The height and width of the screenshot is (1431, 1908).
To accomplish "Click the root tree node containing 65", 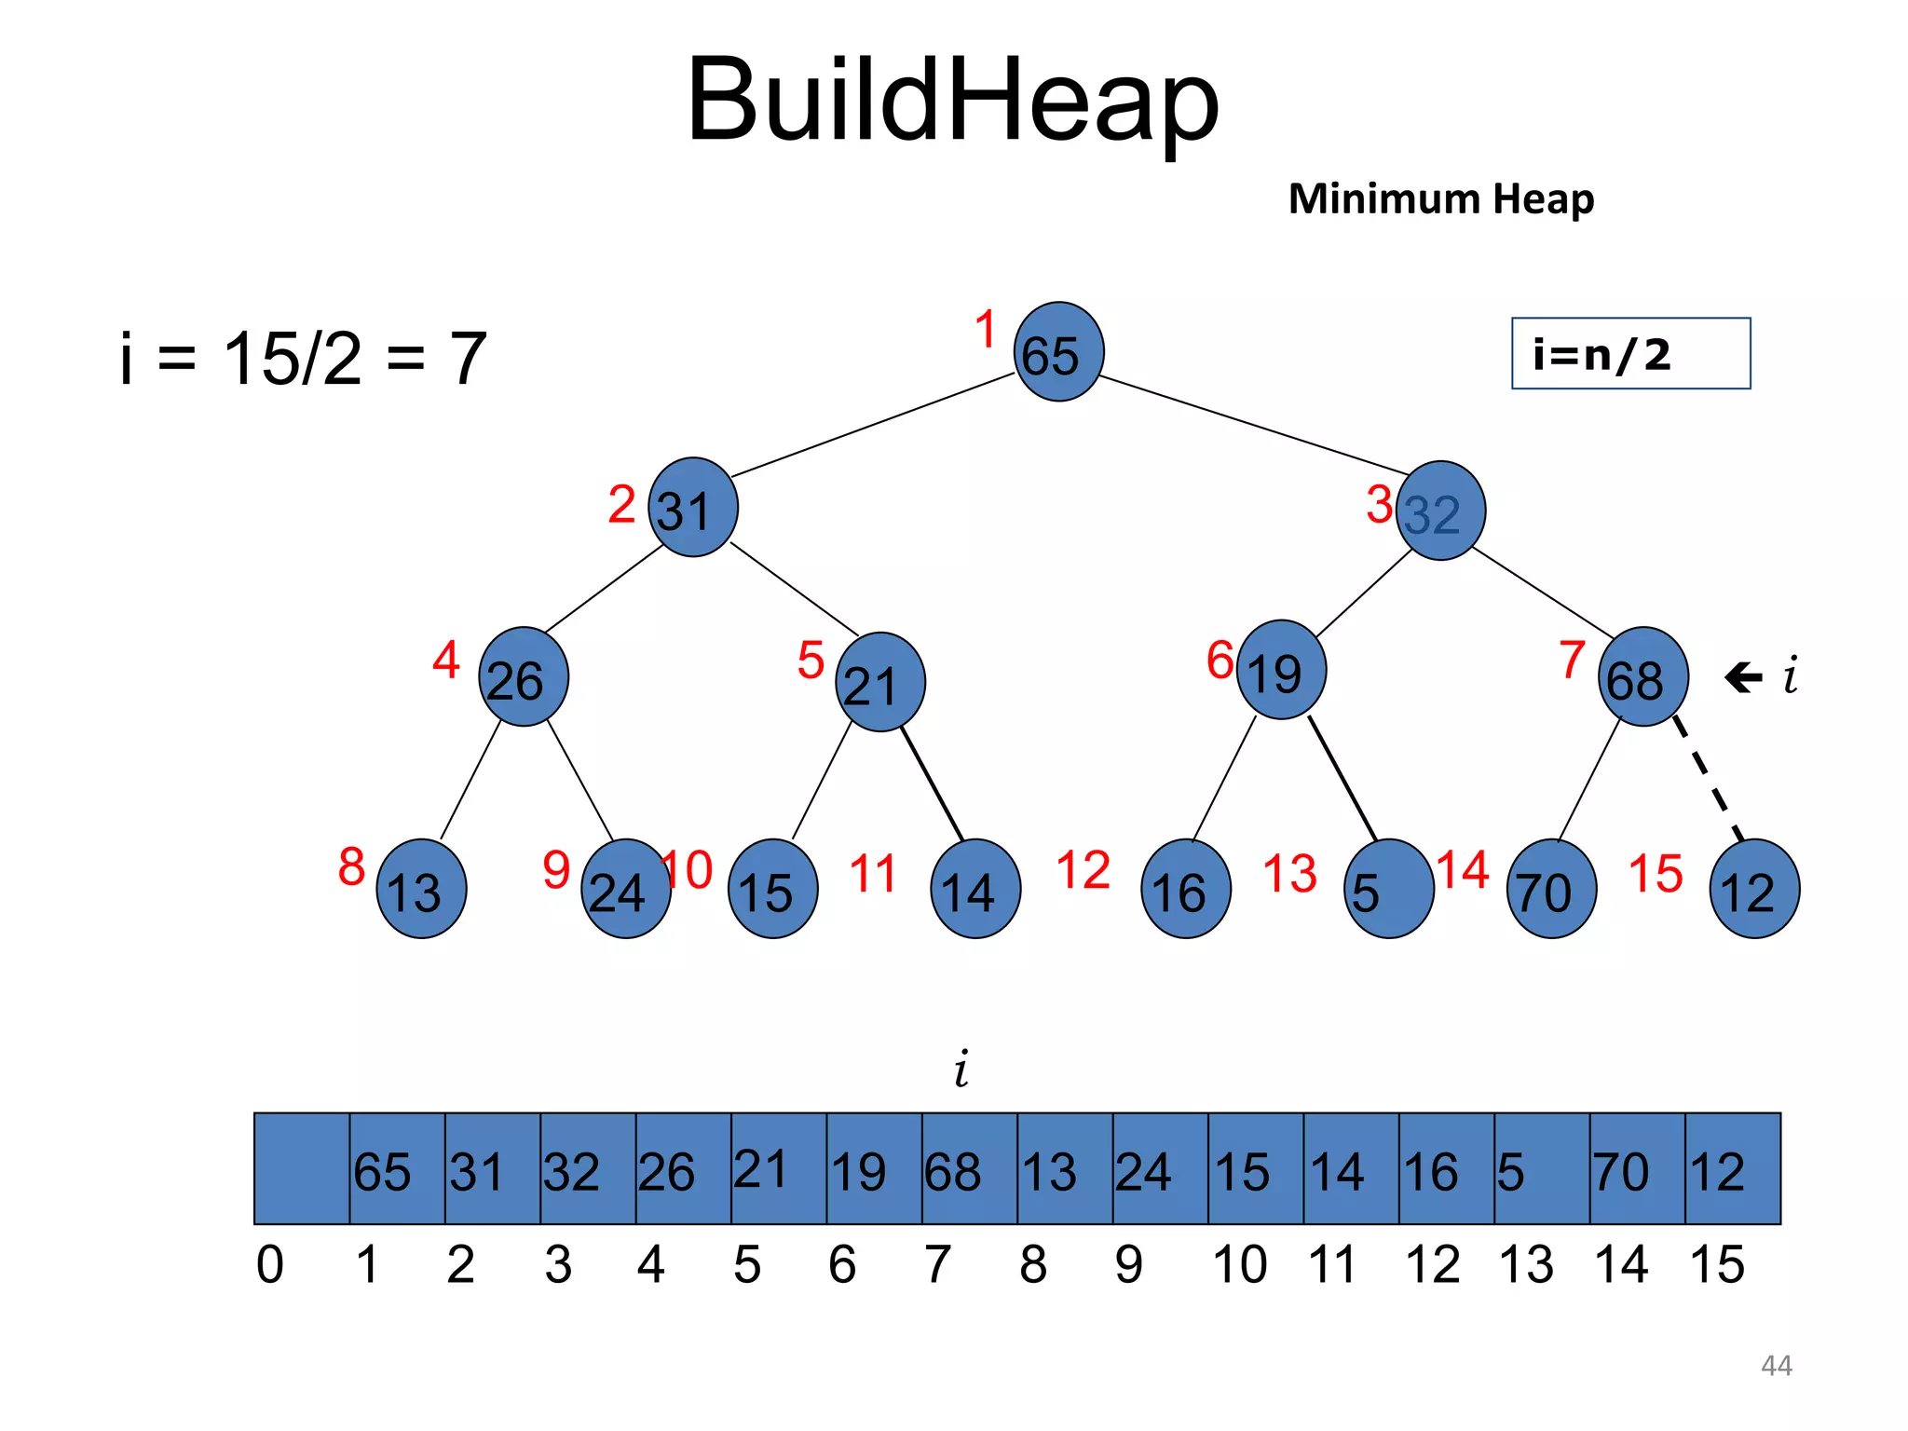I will tap(1058, 352).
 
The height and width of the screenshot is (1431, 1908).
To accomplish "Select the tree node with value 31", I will tap(692, 508).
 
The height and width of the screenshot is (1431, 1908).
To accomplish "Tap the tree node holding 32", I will tap(1440, 511).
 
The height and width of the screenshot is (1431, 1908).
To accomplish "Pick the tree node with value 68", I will tap(1642, 677).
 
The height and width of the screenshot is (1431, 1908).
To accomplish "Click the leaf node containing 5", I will tap(1388, 889).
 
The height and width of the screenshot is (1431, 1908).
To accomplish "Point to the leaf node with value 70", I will tap(1551, 889).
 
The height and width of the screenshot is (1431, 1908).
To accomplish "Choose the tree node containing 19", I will tap(1281, 670).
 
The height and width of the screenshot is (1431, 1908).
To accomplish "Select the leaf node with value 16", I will tap(1185, 889).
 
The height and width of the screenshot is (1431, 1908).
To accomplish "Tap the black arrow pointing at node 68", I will tap(1743, 677).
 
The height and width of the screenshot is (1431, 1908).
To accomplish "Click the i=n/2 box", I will tap(1630, 354).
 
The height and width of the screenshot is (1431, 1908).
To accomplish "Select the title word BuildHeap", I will tap(952, 100).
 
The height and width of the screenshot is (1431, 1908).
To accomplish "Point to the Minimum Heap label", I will tap(1440, 199).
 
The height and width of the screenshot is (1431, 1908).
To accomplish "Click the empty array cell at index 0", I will tap(302, 1168).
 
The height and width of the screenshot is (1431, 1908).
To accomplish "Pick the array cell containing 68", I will tap(969, 1168).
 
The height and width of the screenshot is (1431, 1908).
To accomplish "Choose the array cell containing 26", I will tap(683, 1168).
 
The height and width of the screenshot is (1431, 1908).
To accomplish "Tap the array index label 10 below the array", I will tap(1239, 1265).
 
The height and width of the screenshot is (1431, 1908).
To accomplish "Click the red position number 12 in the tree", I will tap(1083, 871).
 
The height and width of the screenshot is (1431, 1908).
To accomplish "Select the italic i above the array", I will tap(961, 1069).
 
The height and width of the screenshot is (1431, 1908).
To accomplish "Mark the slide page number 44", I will tap(1776, 1366).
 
